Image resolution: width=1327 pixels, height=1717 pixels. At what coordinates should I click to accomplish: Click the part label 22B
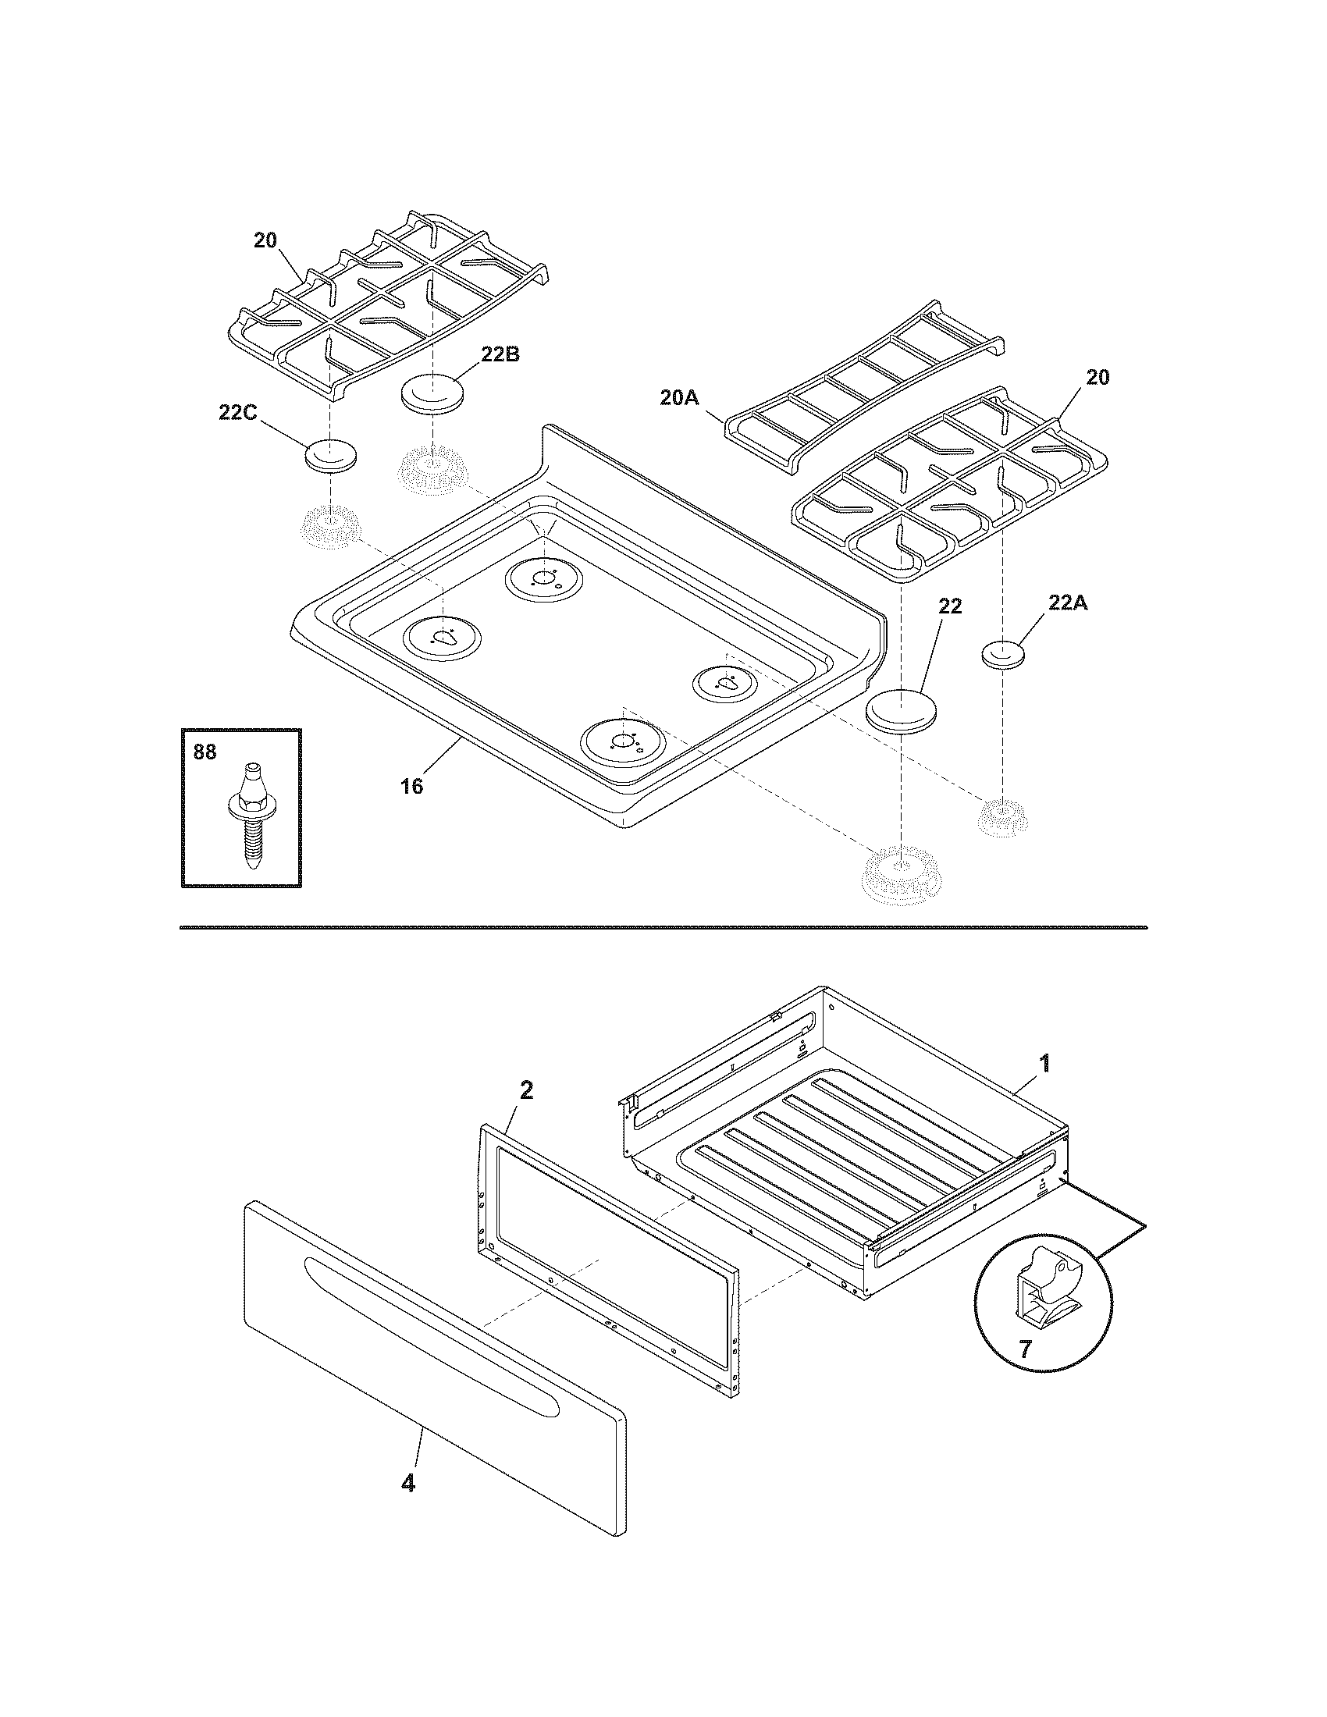500,354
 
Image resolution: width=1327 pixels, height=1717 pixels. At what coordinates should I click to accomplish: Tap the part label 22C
237,412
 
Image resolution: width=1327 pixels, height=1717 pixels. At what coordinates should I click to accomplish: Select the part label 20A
678,399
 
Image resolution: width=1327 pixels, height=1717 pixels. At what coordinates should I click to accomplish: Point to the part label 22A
1068,603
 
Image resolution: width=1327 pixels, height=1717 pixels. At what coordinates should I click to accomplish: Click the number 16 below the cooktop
411,785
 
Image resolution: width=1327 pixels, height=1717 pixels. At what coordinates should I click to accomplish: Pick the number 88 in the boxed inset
205,752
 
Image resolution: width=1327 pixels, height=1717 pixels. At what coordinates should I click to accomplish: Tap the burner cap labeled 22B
431,393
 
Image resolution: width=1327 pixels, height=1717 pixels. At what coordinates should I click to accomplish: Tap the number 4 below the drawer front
407,1483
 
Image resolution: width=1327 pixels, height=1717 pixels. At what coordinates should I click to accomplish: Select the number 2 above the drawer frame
526,1090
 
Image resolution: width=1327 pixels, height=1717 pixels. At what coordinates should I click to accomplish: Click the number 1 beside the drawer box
1044,1064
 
